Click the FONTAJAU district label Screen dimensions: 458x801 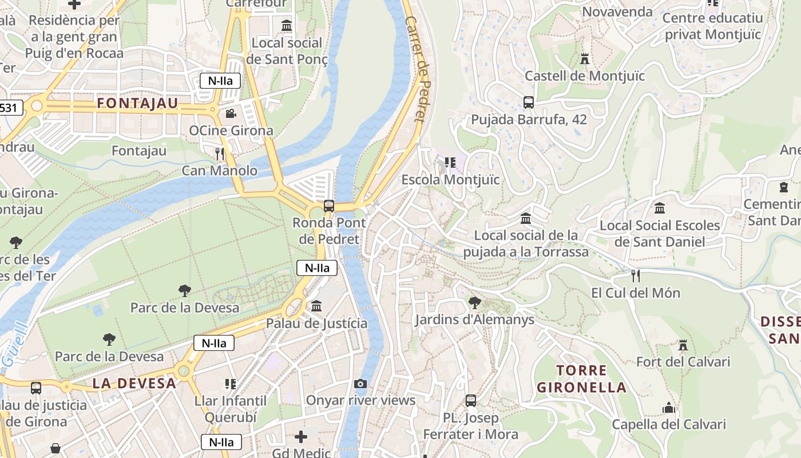click(x=137, y=104)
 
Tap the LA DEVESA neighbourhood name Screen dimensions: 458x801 click(x=134, y=383)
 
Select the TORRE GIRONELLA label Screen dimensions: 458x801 click(x=581, y=378)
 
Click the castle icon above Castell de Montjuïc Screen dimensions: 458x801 click(x=584, y=58)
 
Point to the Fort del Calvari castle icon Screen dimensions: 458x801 click(x=683, y=345)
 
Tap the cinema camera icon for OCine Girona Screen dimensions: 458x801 click(x=231, y=113)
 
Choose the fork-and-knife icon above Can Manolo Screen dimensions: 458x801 click(x=219, y=153)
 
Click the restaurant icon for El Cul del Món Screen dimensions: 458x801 click(x=635, y=276)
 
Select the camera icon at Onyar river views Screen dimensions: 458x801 click(x=360, y=384)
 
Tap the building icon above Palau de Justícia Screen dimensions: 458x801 click(x=316, y=306)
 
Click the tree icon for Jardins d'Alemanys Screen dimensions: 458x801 click(x=474, y=302)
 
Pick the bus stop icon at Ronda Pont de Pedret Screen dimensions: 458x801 click(x=328, y=206)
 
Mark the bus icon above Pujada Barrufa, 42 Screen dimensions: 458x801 click(x=528, y=102)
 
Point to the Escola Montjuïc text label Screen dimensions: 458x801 click(x=450, y=180)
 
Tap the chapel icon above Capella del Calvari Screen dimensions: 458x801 click(x=668, y=408)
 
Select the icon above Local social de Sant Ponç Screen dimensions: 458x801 click(x=287, y=26)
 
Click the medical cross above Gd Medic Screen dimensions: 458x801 click(x=301, y=437)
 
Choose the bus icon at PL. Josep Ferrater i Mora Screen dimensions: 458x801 click(x=470, y=401)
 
